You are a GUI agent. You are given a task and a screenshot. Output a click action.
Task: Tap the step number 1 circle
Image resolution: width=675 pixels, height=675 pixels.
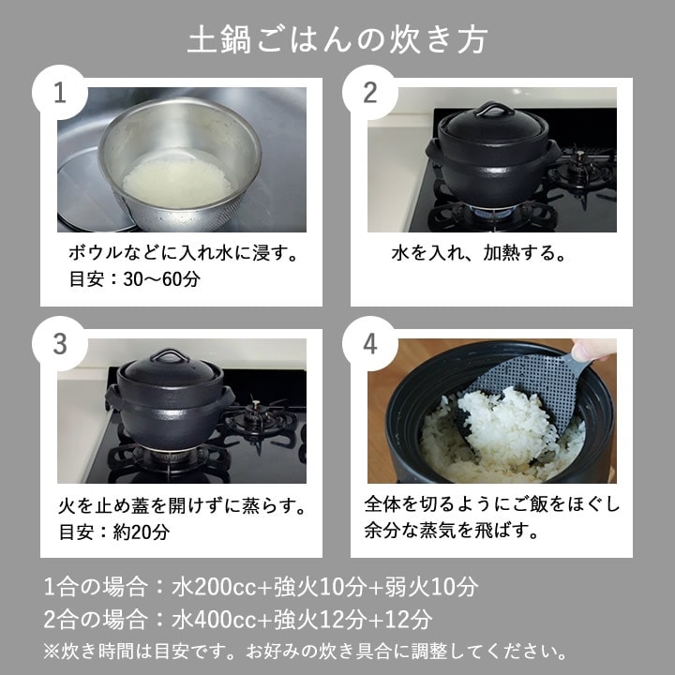point(60,93)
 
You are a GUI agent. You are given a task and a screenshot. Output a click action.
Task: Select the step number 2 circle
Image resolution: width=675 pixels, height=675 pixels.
point(370,93)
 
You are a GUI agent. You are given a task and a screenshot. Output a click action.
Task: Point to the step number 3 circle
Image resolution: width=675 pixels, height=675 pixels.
point(60,343)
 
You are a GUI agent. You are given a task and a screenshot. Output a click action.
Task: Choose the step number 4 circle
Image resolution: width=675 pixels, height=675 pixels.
point(370,343)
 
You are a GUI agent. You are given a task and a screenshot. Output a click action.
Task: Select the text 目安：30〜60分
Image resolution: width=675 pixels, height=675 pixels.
point(135,279)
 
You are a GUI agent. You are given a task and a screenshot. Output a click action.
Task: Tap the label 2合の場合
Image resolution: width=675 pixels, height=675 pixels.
point(97,620)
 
